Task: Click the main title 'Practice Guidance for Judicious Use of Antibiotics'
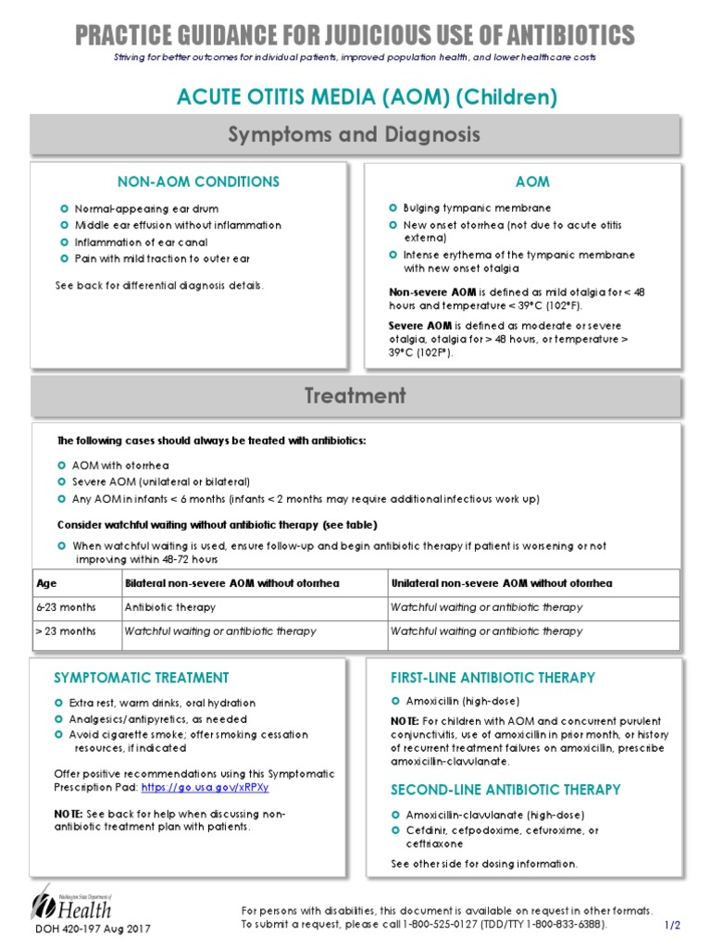(x=355, y=35)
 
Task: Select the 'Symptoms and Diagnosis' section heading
(x=355, y=135)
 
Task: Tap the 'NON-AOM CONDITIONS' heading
(x=198, y=182)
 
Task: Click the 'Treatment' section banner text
(x=355, y=396)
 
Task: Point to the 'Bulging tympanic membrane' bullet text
(x=477, y=208)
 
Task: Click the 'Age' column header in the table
(x=46, y=583)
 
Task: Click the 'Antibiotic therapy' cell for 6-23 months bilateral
(x=169, y=607)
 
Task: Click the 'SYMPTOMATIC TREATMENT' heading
(x=141, y=678)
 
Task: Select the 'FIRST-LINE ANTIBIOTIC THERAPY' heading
(x=493, y=678)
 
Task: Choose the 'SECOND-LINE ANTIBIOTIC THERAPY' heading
(x=505, y=790)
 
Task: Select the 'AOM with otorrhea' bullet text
(x=120, y=466)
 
